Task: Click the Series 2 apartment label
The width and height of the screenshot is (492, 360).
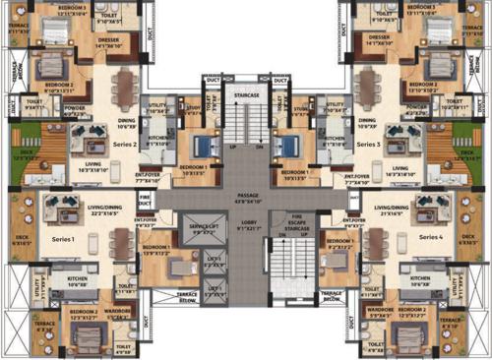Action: (x=124, y=145)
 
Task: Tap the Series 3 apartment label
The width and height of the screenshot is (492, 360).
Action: (x=369, y=145)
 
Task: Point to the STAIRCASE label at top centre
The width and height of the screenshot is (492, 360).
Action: (x=246, y=94)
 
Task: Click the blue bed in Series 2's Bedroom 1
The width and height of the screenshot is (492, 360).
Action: (x=203, y=148)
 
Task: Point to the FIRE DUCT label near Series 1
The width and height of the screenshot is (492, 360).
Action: (x=145, y=202)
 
